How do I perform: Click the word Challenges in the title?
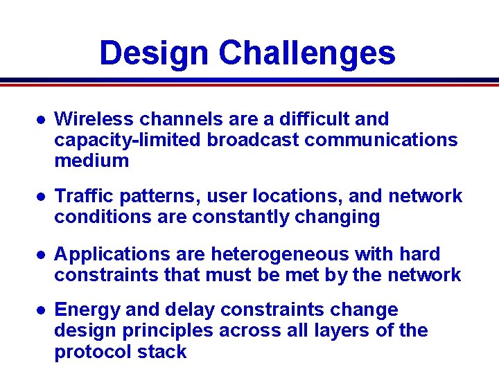tap(307, 53)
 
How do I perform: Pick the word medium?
tap(91, 161)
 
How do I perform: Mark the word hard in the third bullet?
tap(417, 254)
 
